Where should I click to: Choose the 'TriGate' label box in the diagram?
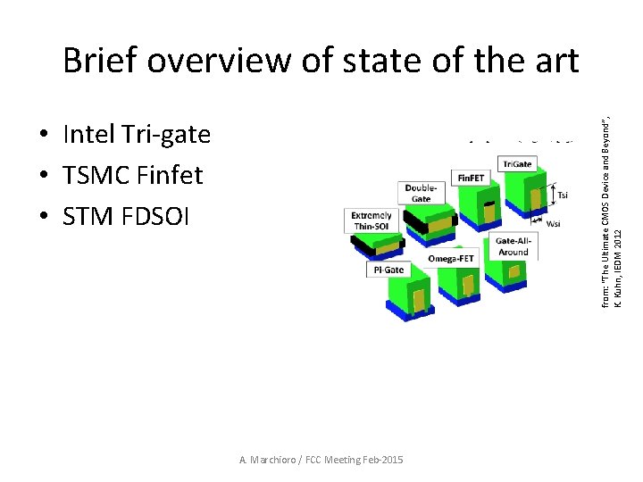517,164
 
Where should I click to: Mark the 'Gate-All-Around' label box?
513,246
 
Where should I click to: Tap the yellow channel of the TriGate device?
536,198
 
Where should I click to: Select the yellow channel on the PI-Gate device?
418,300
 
